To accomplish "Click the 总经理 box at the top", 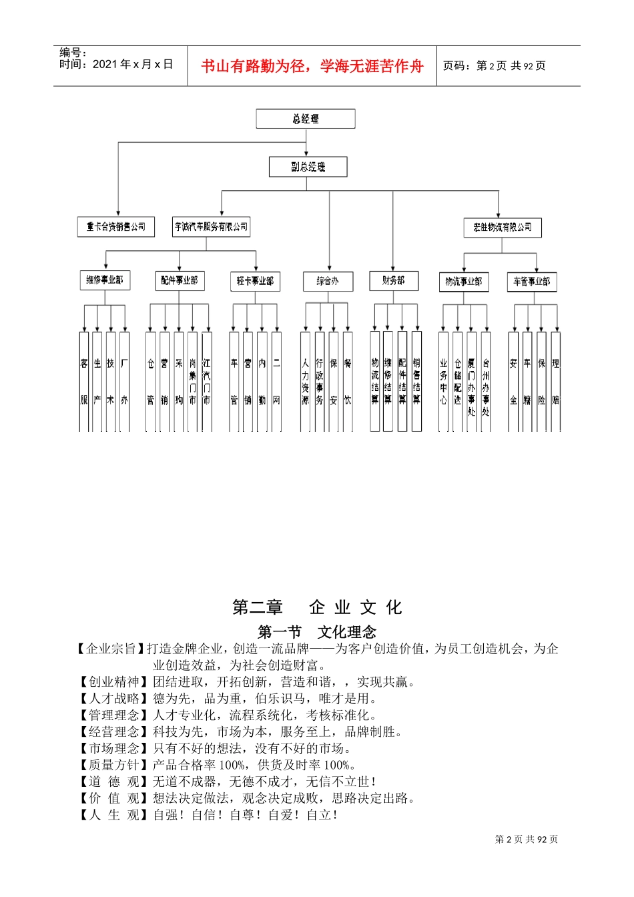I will click(305, 119).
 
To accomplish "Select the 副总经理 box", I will click(308, 167).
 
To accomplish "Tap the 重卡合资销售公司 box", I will click(115, 227).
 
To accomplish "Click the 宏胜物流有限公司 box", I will click(502, 228).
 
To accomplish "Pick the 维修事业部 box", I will click(104, 280).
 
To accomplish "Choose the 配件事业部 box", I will click(179, 281).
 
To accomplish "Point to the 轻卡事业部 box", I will click(255, 282).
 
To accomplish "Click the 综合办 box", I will click(327, 282).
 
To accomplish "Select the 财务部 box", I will click(394, 281).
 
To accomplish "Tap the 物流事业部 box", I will click(464, 282).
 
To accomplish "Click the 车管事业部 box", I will click(531, 282).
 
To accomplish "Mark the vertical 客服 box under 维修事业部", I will click(84, 381).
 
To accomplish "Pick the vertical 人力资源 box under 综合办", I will click(305, 381).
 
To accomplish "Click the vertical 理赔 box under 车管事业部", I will click(556, 381).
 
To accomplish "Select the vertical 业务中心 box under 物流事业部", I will click(443, 381).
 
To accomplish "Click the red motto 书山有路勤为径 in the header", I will click(312, 66).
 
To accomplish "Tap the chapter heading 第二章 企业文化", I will click(317, 607).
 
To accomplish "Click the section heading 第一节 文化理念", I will click(317, 631).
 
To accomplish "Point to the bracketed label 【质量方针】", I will click(111, 765).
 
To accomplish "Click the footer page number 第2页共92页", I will click(527, 839).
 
